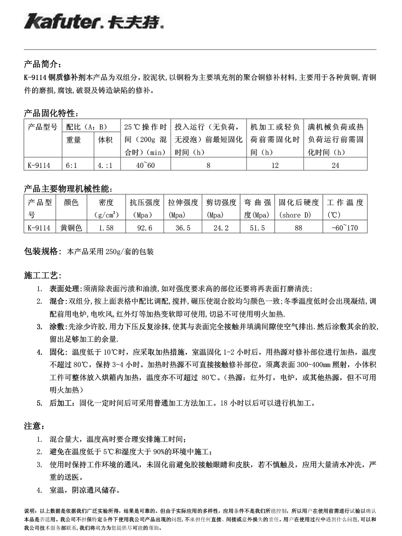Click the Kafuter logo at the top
click(94, 21)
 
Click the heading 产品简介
click(40, 64)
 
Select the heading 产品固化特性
click(51, 113)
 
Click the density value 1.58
click(106, 228)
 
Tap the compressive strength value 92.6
click(145, 228)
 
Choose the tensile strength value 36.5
click(183, 228)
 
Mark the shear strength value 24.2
click(221, 228)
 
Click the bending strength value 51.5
click(257, 228)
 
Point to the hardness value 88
click(299, 228)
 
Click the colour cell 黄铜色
click(71, 228)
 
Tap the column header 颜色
click(71, 203)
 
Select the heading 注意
click(33, 426)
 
